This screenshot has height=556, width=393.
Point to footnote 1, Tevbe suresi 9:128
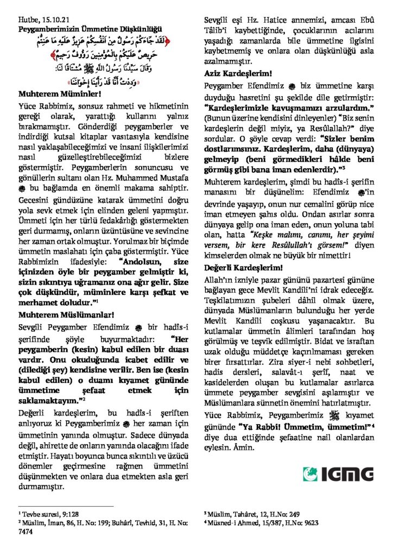coord(46,513)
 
